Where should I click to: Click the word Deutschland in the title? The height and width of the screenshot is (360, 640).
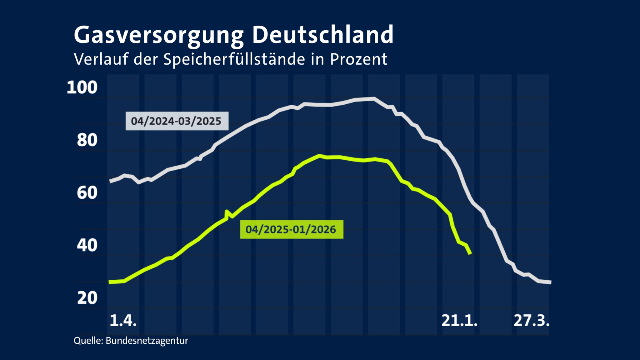322,35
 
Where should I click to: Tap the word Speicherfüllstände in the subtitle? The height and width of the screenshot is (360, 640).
234,59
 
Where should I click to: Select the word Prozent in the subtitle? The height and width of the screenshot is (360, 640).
358,59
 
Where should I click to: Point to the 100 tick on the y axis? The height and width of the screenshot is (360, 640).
82,87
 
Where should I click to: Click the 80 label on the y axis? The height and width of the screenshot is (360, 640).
87,140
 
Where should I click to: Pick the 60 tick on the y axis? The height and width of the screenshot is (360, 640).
87,192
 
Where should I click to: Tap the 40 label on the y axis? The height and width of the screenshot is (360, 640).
87,245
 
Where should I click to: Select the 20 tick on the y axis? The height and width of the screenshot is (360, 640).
87,298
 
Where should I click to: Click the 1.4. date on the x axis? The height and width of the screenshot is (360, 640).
123,321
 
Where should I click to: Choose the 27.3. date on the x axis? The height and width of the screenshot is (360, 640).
532,321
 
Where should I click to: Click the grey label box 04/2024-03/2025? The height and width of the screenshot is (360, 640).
177,121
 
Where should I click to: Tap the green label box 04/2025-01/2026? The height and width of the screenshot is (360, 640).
291,229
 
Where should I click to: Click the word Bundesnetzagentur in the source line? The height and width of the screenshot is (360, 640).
147,341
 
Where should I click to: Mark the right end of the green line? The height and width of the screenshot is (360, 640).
470,254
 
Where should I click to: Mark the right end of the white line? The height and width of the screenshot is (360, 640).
551,282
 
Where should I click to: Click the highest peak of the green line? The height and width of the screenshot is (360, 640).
319,155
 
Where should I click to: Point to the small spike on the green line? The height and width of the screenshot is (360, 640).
227,212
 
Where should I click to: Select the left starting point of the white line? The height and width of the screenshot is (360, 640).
110,181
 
